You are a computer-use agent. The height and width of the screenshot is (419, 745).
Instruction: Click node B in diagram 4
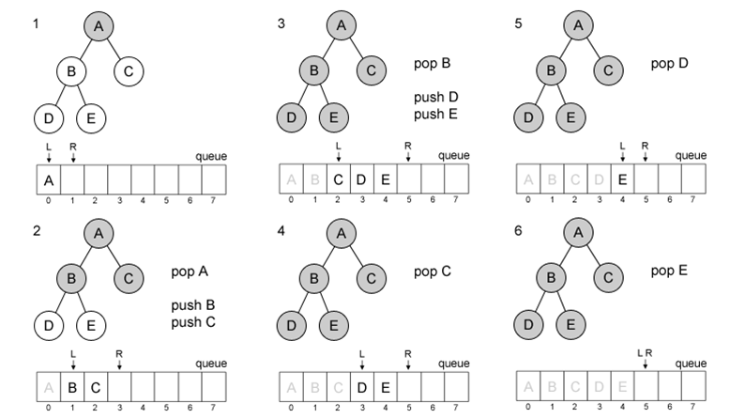point(313,278)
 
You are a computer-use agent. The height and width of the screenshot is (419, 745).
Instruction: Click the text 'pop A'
point(189,272)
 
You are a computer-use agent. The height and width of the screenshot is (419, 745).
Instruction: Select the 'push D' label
point(433,98)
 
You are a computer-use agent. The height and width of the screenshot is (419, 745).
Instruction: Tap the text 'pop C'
point(432,272)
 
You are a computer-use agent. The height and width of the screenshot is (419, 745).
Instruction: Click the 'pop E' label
point(669,271)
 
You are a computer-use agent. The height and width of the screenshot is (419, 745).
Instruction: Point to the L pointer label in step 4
point(362,353)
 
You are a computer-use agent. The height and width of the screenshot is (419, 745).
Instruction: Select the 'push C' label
point(192,322)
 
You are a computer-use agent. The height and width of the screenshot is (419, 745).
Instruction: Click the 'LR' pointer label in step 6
point(645,353)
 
